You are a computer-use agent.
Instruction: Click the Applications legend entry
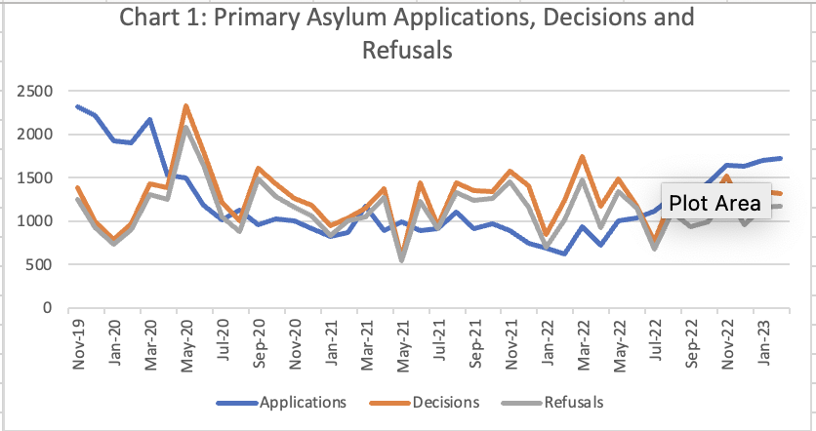point(303,402)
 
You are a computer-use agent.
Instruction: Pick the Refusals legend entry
point(574,402)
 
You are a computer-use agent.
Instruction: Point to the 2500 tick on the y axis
point(32,92)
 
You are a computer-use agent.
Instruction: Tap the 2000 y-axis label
point(32,135)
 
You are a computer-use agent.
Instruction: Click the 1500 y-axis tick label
point(32,178)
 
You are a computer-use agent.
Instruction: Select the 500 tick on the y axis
point(36,264)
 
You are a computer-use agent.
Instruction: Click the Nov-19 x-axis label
point(77,341)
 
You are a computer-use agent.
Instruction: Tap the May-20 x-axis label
point(185,341)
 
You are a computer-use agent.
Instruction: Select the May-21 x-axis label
point(403,341)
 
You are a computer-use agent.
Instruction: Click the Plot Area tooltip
point(715,203)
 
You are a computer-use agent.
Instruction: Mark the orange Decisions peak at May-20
point(185,106)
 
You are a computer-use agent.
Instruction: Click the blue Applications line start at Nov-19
point(77,106)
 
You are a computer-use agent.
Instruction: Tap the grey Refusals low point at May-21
point(402,260)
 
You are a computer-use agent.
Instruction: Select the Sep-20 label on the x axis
point(259,341)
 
